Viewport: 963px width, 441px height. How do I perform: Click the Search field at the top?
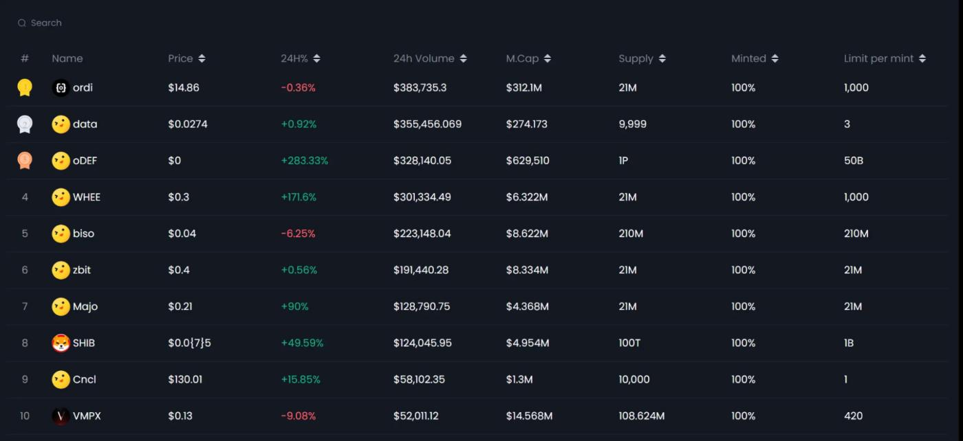pyautogui.click(x=46, y=23)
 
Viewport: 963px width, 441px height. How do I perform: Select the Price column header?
pyautogui.click(x=180, y=59)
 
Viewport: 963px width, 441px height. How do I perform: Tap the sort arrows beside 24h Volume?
pyautogui.click(x=464, y=59)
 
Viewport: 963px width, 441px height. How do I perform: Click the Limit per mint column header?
pyautogui.click(x=878, y=59)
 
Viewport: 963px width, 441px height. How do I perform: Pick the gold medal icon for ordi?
pyautogui.click(x=25, y=88)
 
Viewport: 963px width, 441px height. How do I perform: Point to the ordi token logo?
pyautogui.click(x=61, y=88)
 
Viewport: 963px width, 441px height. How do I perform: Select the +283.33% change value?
pyautogui.click(x=304, y=161)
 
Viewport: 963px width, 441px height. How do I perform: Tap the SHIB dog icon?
pyautogui.click(x=61, y=343)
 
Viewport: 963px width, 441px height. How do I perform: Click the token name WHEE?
pyautogui.click(x=87, y=197)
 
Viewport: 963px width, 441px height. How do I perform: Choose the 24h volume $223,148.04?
pyautogui.click(x=422, y=234)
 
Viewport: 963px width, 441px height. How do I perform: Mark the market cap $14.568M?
pyautogui.click(x=529, y=416)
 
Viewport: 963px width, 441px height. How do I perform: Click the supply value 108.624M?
pyautogui.click(x=641, y=416)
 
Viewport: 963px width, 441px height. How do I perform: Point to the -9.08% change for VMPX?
pyautogui.click(x=298, y=416)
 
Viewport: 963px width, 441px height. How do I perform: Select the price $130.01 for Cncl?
pyautogui.click(x=185, y=379)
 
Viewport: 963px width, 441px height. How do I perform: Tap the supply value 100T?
pyautogui.click(x=629, y=343)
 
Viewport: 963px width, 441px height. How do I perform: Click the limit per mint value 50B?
pyautogui.click(x=854, y=161)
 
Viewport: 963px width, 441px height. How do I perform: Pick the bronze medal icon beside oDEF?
pyautogui.click(x=25, y=161)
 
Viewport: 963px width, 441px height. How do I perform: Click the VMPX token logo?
pyautogui.click(x=61, y=416)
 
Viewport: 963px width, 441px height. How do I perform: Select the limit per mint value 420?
pyautogui.click(x=853, y=416)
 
